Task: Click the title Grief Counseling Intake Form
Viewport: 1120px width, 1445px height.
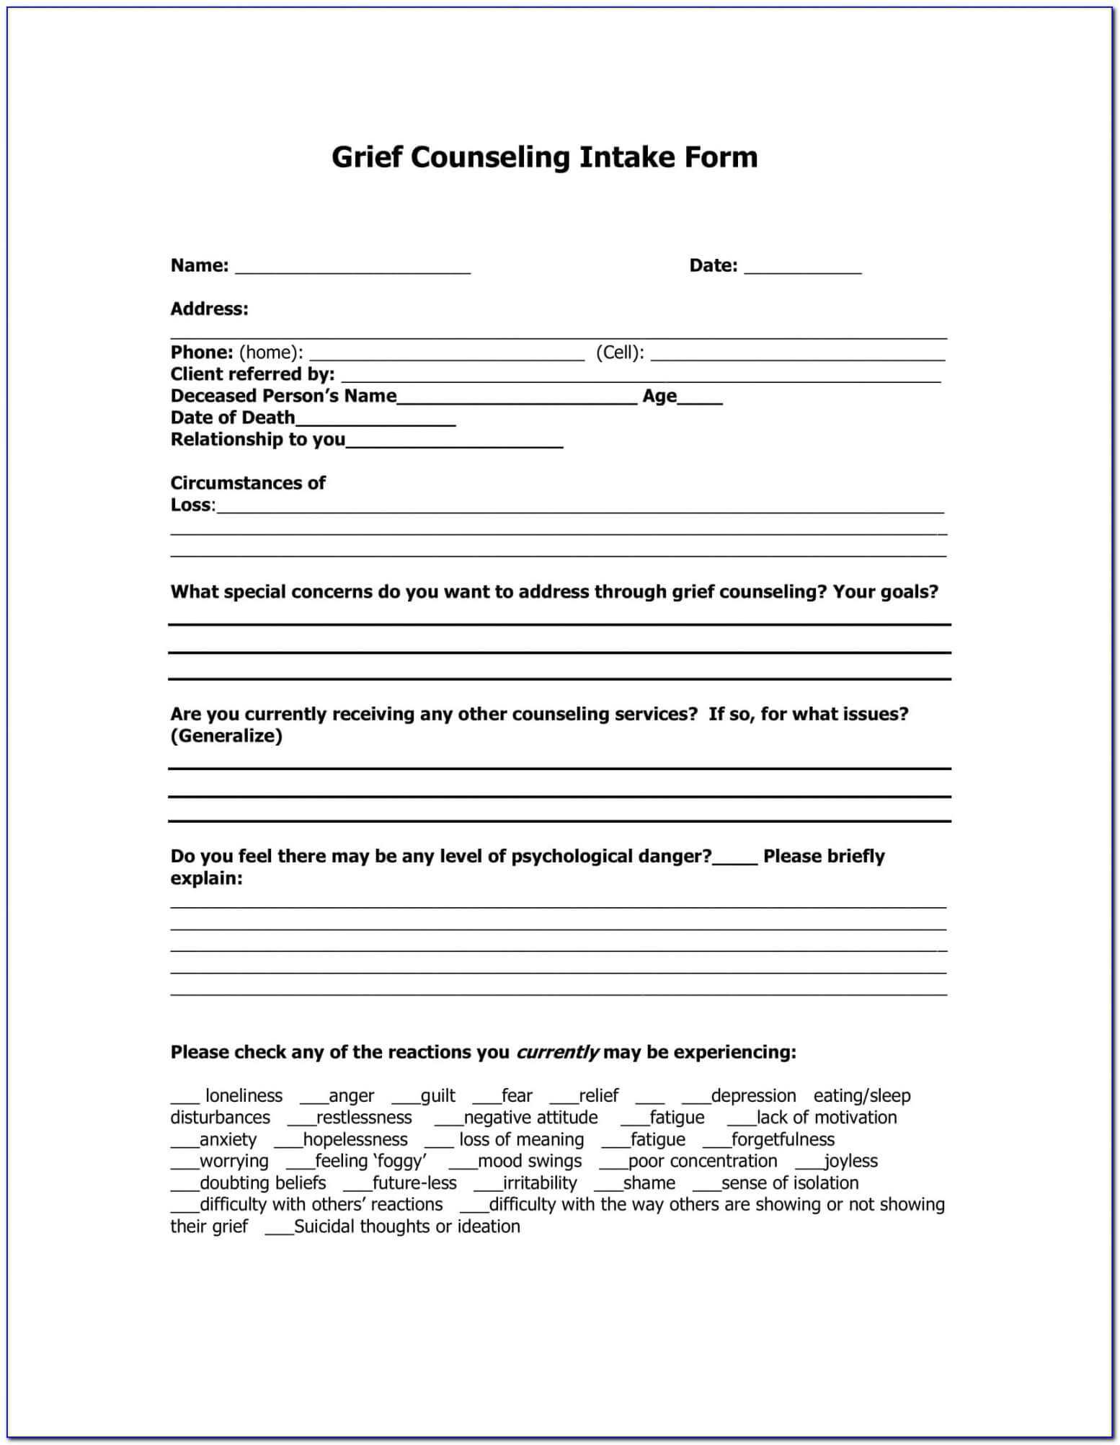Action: pos(544,157)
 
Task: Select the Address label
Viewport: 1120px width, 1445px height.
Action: pos(209,309)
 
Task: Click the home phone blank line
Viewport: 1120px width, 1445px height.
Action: pos(446,355)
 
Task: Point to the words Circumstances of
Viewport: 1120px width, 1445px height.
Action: pos(248,483)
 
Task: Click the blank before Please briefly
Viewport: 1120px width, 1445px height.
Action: pos(734,860)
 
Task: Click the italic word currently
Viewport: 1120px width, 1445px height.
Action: pos(557,1053)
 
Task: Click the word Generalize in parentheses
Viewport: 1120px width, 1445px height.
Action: pos(226,736)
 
